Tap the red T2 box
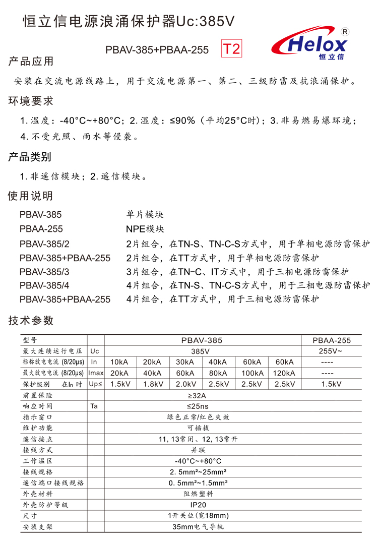pyautogui.click(x=232, y=49)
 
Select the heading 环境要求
pyautogui.click(x=31, y=101)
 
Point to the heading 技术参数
pyautogui.click(x=31, y=321)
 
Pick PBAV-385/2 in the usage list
pyautogui.click(x=44, y=244)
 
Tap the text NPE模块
pyautogui.click(x=145, y=229)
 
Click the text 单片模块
pyautogui.click(x=145, y=214)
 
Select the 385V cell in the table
pyautogui.click(x=202, y=351)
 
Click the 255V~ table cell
pyautogui.click(x=332, y=351)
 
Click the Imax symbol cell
pyautogui.click(x=95, y=373)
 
